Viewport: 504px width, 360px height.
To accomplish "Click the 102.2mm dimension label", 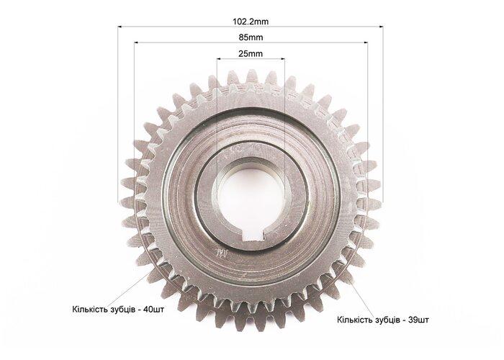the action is click(251, 22).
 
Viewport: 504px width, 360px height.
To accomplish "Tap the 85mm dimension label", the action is click(251, 37).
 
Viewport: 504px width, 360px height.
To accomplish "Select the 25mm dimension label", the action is click(251, 54).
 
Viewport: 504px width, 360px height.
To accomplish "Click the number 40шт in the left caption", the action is click(153, 310).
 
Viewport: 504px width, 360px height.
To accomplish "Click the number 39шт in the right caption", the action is click(418, 320).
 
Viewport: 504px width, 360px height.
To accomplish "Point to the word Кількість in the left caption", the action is click(89, 310).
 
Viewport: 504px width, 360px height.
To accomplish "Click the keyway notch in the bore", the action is click(254, 234).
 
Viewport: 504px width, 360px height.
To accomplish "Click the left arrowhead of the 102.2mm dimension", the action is click(120, 27).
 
